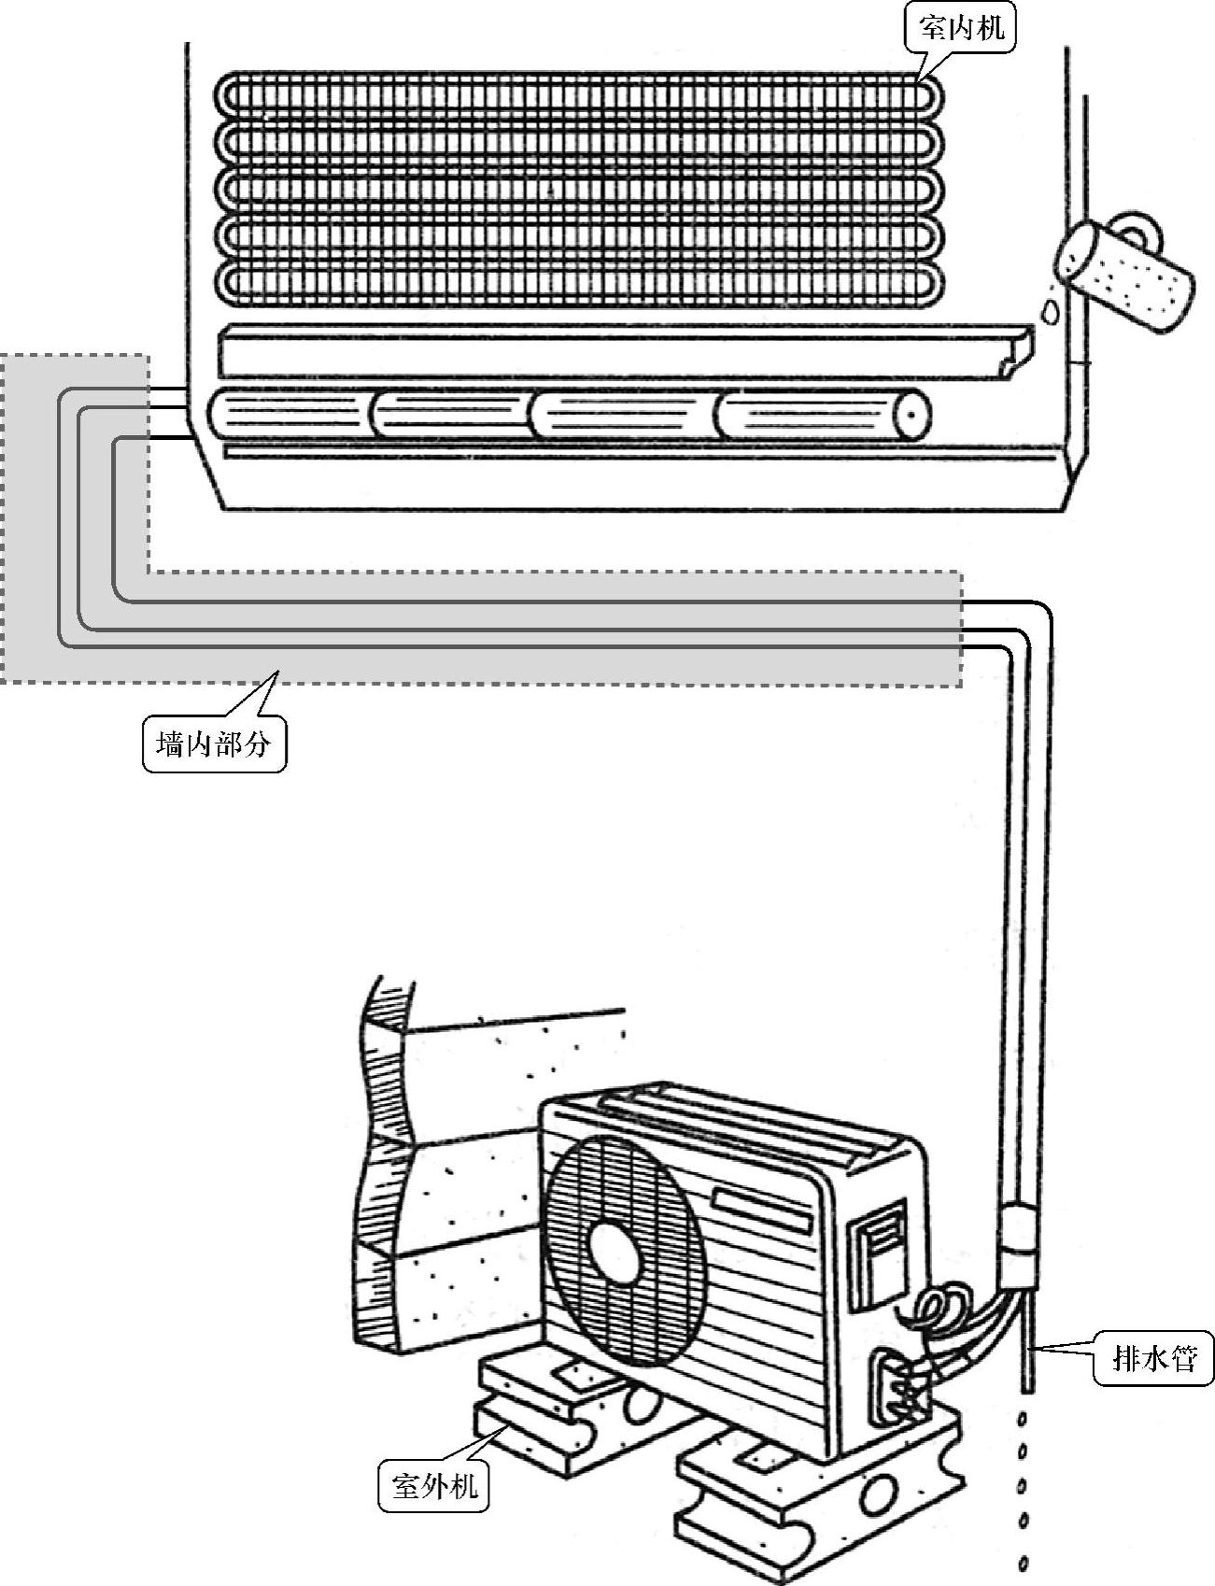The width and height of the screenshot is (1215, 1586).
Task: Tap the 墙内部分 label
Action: point(214,744)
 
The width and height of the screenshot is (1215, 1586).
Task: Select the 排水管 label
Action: point(1154,1357)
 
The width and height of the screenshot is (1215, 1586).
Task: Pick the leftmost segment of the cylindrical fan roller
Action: point(290,413)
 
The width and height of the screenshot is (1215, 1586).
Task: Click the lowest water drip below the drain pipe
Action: point(1024,1562)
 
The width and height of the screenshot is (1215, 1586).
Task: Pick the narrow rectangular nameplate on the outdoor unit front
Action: point(761,1209)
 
